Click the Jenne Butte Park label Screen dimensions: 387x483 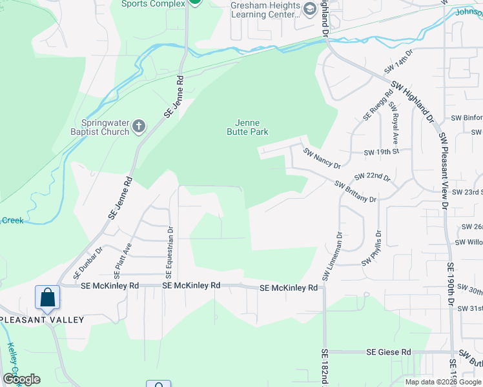(247, 126)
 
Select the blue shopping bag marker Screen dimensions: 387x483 (48, 297)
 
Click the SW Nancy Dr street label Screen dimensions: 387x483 (322, 159)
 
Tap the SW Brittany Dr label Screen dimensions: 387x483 (355, 192)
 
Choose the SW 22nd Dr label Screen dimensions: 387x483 (373, 177)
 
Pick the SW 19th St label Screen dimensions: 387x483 (382, 152)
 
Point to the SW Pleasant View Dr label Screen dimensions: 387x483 (444, 171)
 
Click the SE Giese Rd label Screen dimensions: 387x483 (388, 352)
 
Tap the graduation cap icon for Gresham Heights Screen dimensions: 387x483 (309, 8)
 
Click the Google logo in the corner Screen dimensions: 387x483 (22, 379)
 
